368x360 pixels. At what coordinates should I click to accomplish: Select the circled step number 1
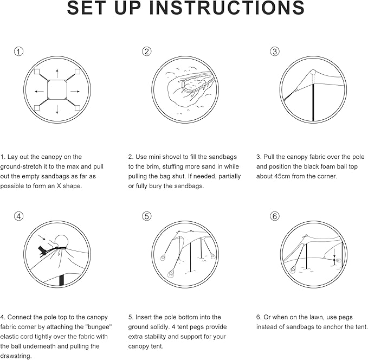click(x=19, y=52)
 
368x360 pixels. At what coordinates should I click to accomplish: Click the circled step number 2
click(x=147, y=52)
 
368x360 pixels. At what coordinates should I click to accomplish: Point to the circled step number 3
click(x=275, y=52)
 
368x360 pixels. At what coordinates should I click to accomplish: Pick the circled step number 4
click(x=19, y=216)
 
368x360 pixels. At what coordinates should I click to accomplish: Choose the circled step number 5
click(x=147, y=216)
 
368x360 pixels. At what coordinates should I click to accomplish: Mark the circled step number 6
click(x=275, y=216)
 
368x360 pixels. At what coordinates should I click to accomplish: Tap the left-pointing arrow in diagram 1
click(x=39, y=91)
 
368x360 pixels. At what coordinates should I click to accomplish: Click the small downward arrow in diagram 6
click(x=335, y=250)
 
